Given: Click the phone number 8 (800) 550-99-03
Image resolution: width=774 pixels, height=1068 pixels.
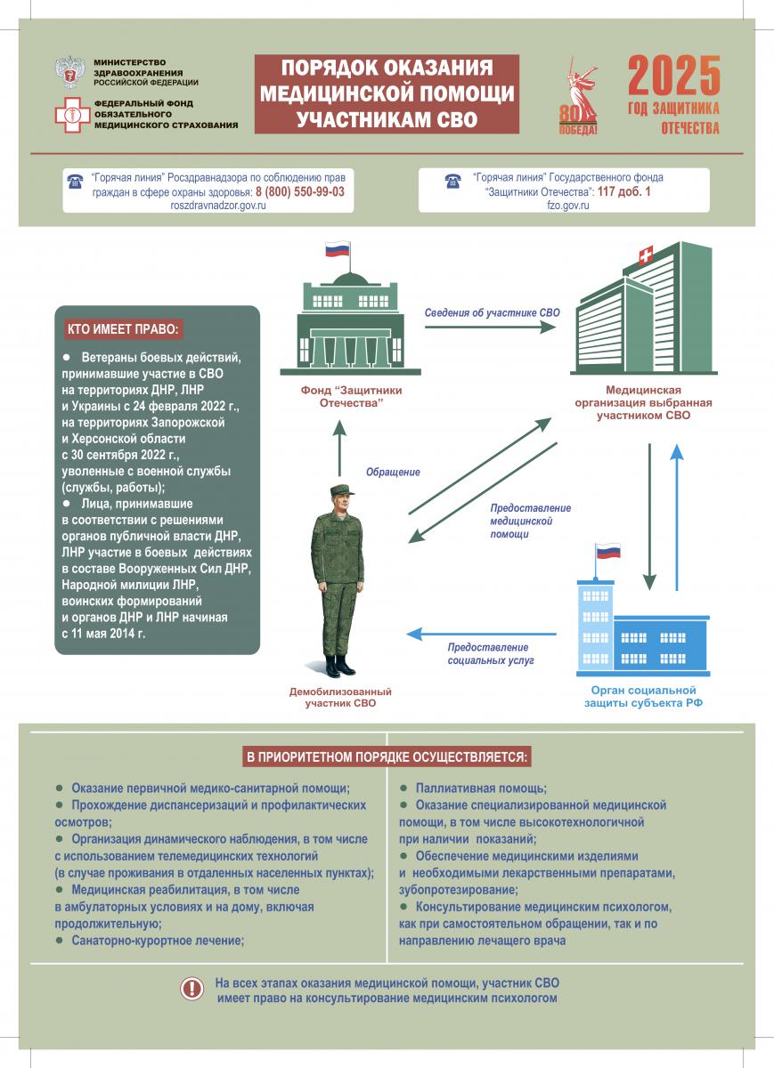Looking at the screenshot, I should coord(300,191).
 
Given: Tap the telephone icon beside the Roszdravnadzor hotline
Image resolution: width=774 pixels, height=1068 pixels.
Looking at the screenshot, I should coord(74,182).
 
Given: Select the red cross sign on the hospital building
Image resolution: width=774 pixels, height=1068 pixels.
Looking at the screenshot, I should coord(643,257).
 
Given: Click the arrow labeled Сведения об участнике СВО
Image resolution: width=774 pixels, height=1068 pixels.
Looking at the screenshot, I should coord(489,327).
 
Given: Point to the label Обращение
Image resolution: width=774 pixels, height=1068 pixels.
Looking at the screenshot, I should coord(393,472).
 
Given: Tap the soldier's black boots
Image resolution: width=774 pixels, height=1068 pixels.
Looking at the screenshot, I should coord(340,665).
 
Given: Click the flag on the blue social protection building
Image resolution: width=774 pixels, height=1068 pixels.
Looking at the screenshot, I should coord(607,551).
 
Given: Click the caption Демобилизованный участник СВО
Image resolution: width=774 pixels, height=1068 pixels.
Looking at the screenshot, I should coord(340,697).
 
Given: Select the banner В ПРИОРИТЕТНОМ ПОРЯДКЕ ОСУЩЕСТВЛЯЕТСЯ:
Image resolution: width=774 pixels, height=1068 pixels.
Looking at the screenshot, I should coord(387,757).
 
